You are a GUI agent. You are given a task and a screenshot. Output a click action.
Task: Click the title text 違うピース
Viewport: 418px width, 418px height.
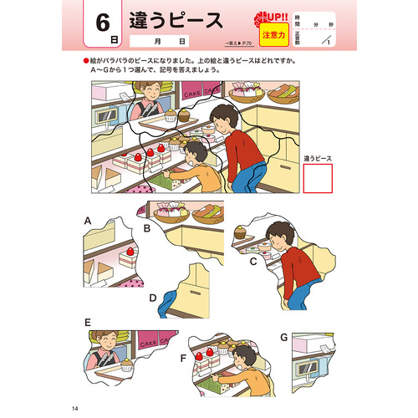176,20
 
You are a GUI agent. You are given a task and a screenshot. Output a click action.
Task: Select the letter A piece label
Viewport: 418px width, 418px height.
87,220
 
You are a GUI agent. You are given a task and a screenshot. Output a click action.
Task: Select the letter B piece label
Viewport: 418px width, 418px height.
145,227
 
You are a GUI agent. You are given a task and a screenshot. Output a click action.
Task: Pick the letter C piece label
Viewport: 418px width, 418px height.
252,261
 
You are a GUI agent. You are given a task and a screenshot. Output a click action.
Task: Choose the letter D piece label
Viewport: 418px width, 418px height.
153,297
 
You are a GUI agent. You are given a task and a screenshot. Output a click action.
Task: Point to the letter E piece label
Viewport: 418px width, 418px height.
87,322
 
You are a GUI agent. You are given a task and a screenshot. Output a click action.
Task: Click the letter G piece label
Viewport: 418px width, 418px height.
284,336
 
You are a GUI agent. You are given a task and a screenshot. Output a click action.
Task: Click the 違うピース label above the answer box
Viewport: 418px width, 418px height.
318,157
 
